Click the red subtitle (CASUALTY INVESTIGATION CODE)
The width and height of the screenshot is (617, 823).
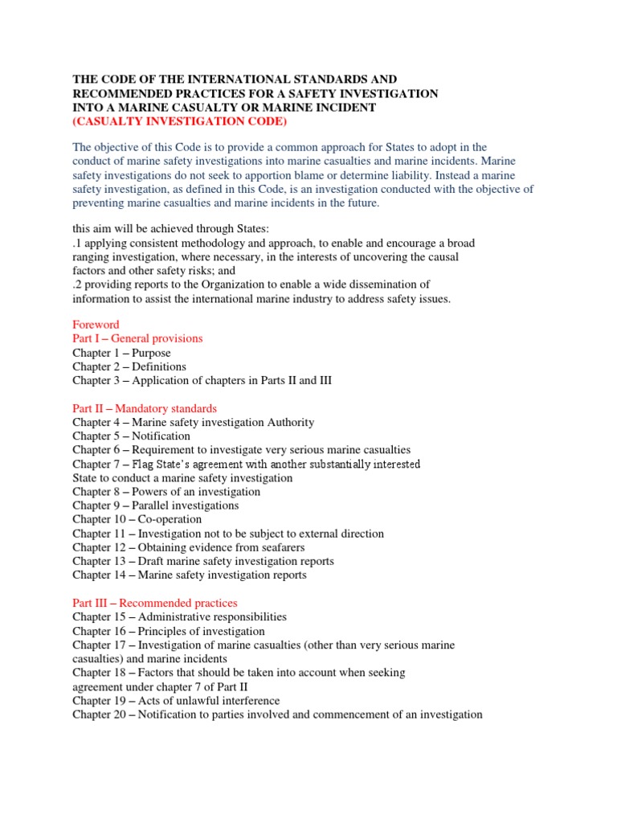coord(179,121)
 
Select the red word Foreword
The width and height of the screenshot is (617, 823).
coord(96,325)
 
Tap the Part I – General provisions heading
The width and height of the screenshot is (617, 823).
coord(137,338)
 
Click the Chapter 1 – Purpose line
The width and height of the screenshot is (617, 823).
coord(121,353)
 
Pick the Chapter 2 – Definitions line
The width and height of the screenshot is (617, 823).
coord(129,366)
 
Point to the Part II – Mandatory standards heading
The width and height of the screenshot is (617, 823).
coord(145,408)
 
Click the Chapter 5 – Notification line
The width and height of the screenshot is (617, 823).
coord(131,436)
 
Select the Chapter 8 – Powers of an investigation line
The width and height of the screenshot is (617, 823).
coord(166,492)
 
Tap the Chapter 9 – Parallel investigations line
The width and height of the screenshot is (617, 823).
coord(155,506)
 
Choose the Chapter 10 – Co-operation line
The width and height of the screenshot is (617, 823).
coord(137,519)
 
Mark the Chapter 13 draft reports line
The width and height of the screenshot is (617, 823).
coord(203,561)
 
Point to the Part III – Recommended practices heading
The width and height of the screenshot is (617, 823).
coord(155,603)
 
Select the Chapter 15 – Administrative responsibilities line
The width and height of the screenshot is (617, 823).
coord(179,616)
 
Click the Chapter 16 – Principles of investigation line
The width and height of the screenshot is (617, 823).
coord(169,631)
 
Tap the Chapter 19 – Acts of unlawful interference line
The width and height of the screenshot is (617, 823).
coord(176,701)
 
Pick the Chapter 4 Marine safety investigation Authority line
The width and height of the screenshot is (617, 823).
coord(194,422)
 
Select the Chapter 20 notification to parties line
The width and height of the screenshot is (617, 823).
coord(277,714)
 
